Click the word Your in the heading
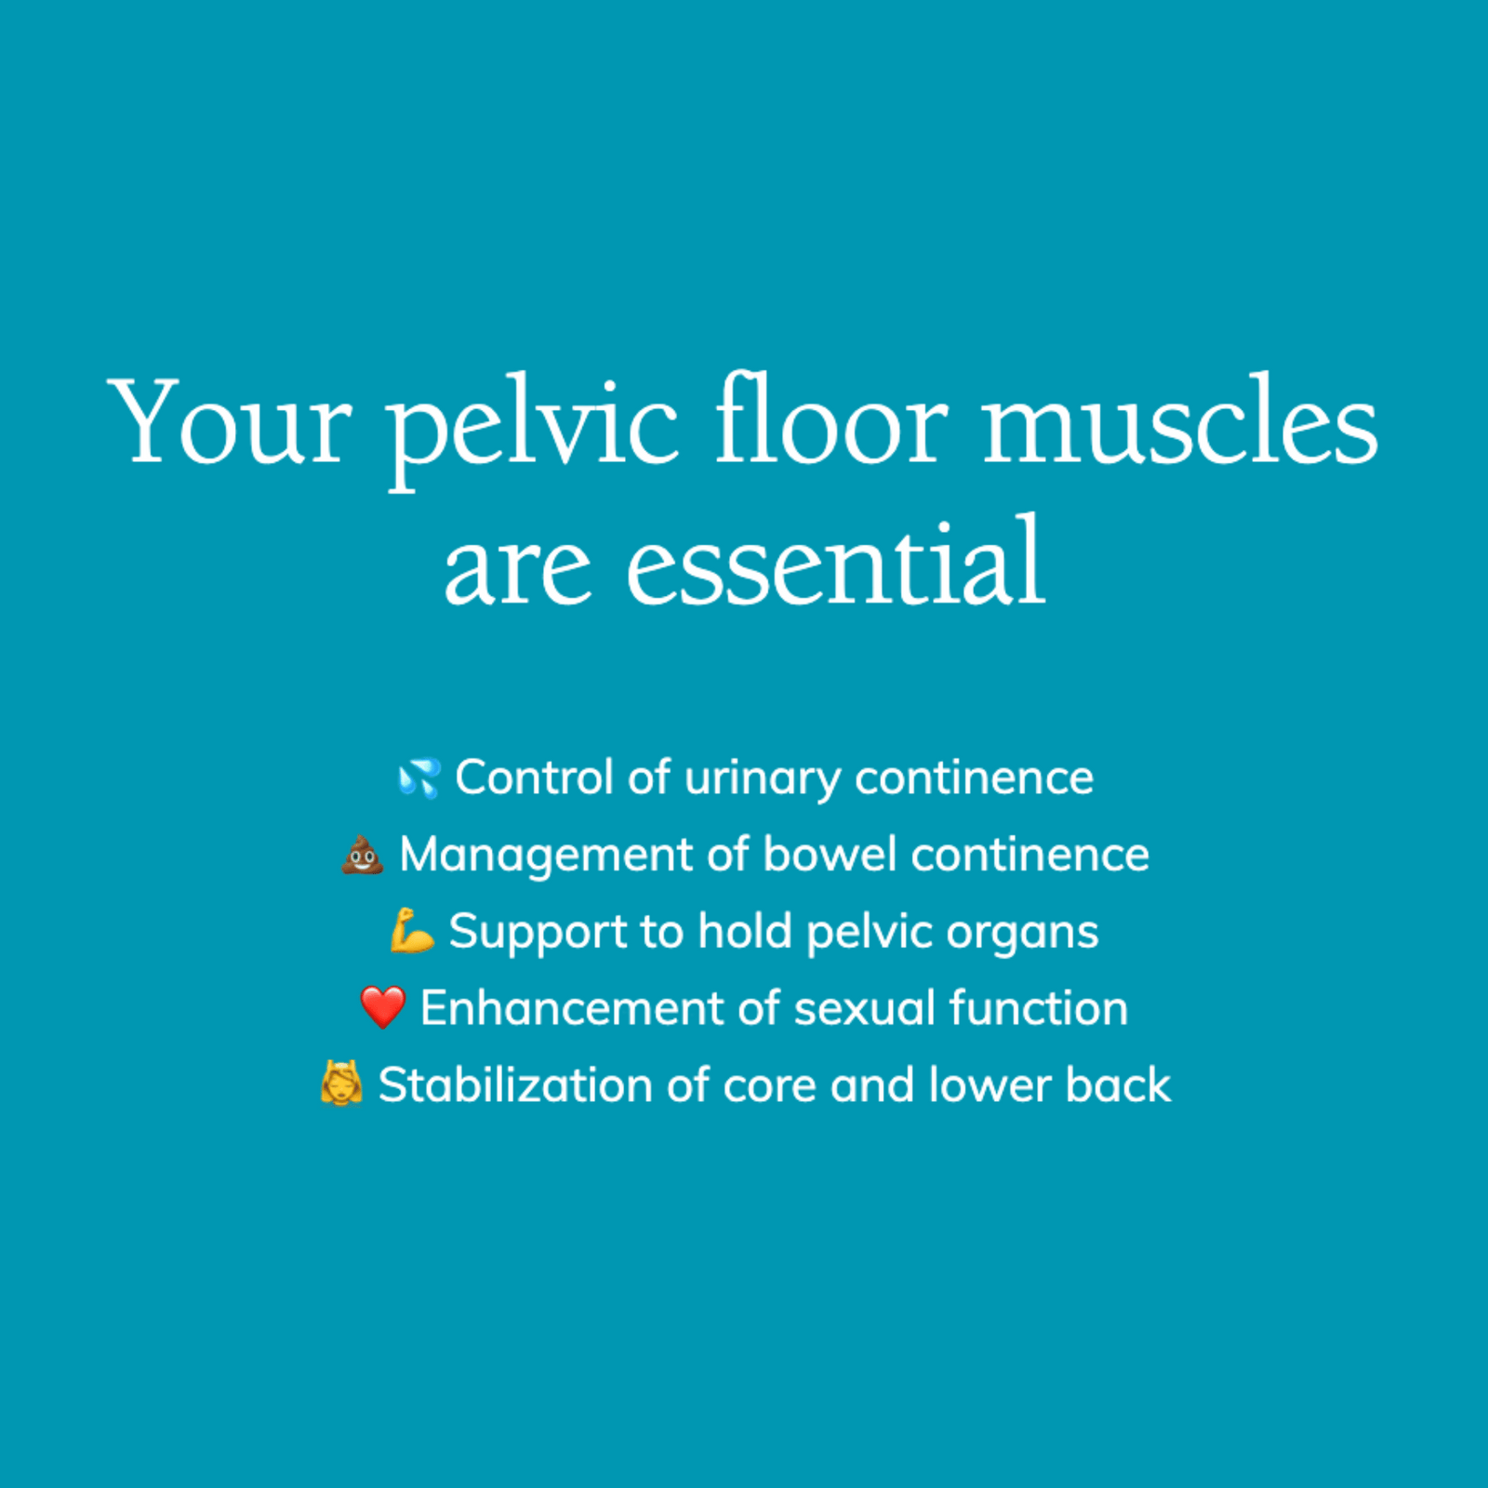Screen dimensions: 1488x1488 (229, 423)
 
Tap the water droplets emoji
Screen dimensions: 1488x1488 (418, 778)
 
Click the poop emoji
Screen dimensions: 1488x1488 (362, 855)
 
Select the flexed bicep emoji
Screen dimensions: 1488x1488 (411, 932)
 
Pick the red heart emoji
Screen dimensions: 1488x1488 (382, 1008)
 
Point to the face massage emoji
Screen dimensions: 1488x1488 (340, 1084)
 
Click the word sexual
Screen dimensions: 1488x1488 (864, 1008)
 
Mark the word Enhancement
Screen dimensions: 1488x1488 (571, 1008)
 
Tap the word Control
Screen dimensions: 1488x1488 (534, 777)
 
